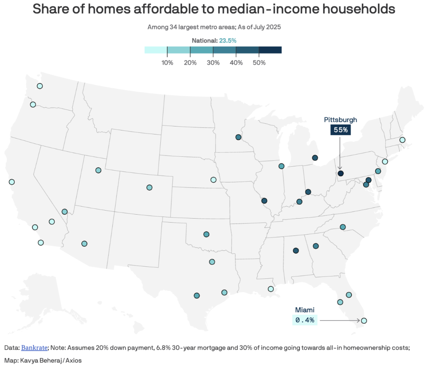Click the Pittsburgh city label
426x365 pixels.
click(x=340, y=120)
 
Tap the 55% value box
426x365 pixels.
click(x=340, y=130)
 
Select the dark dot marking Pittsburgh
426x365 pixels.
click(x=340, y=173)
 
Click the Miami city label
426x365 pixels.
click(x=305, y=310)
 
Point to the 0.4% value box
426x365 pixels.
click(x=305, y=320)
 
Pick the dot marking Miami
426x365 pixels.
click(x=364, y=320)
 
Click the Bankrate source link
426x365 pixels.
click(x=34, y=347)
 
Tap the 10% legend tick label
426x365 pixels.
click(x=167, y=63)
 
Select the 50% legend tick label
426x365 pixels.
click(x=259, y=63)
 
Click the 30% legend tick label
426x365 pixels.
click(x=213, y=63)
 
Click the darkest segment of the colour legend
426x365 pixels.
click(x=270, y=50)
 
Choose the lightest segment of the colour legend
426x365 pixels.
click(x=156, y=50)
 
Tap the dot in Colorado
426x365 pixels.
click(x=149, y=187)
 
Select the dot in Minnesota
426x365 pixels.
click(x=238, y=137)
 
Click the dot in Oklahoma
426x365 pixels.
click(x=206, y=234)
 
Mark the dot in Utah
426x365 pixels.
click(x=98, y=170)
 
